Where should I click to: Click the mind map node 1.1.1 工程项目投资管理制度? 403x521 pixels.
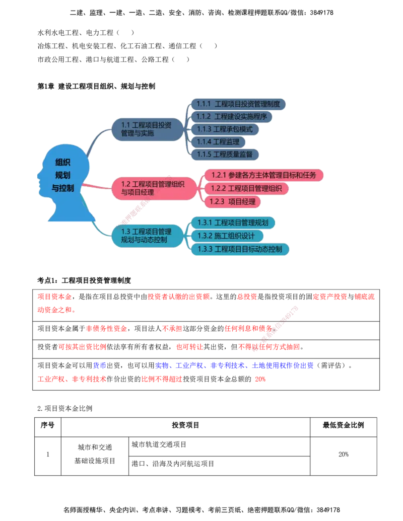pyautogui.click(x=238, y=104)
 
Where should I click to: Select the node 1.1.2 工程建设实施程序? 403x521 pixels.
pyautogui.click(x=232, y=117)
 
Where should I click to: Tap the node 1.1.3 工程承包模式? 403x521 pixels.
pyautogui.click(x=225, y=129)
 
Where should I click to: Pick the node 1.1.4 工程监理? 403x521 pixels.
pyautogui.click(x=218, y=142)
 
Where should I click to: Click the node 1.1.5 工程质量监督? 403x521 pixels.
pyautogui.click(x=225, y=155)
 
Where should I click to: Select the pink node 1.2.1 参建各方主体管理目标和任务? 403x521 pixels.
pyautogui.click(x=263, y=175)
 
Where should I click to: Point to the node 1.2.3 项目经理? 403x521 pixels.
pyautogui.click(x=232, y=202)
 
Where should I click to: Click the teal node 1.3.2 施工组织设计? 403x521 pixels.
pyautogui.click(x=227, y=236)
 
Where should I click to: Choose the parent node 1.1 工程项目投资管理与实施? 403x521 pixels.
pyautogui.click(x=147, y=129)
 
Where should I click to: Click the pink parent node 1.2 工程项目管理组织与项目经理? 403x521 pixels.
pyautogui.click(x=154, y=188)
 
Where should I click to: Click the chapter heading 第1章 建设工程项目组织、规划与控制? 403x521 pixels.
pyautogui.click(x=96, y=87)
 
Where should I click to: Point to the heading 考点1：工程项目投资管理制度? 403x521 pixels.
pyautogui.click(x=84, y=280)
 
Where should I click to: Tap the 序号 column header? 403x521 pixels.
pyautogui.click(x=47, y=425)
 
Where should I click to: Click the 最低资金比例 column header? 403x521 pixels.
pyautogui.click(x=344, y=425)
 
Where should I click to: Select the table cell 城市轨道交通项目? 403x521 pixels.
pyautogui.click(x=159, y=444)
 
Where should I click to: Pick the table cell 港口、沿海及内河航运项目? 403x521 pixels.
pyautogui.click(x=173, y=464)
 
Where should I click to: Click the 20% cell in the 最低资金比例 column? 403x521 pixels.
pyautogui.click(x=344, y=454)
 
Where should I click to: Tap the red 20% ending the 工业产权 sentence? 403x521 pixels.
pyautogui.click(x=260, y=379)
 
